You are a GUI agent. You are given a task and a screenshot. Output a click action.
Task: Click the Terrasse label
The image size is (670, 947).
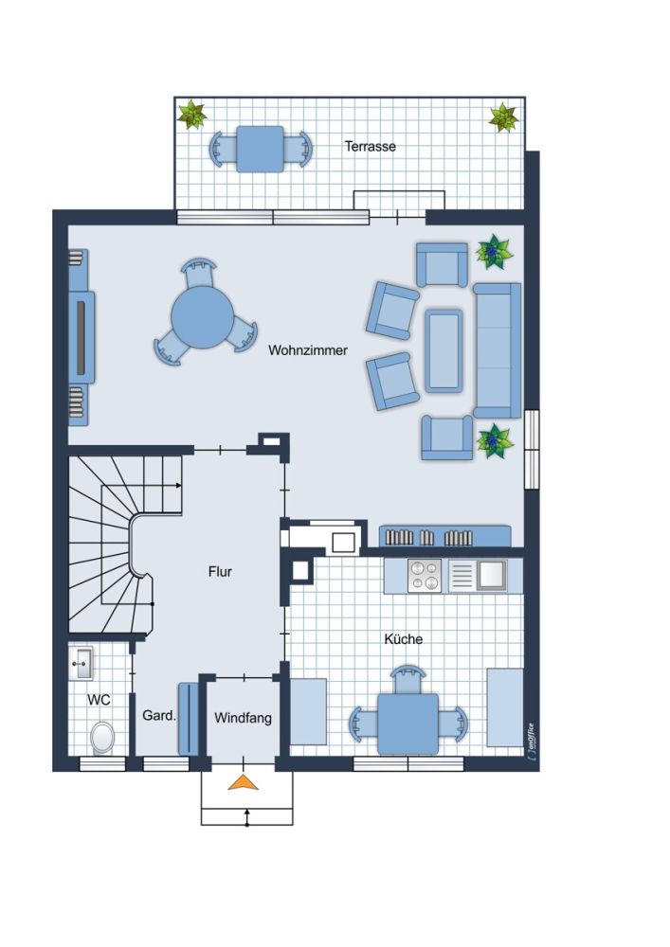pos(370,146)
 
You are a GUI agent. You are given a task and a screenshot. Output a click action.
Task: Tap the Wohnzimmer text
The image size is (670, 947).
pos(308,350)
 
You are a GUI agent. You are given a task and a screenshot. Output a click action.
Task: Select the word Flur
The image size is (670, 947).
pos(220,571)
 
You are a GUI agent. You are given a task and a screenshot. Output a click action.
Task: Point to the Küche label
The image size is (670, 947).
pos(404,638)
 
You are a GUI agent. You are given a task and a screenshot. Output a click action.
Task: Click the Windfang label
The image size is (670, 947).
pos(243,718)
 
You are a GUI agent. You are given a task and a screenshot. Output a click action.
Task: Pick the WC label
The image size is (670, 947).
pos(100,700)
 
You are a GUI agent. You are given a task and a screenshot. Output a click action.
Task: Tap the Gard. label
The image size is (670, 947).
pos(159,716)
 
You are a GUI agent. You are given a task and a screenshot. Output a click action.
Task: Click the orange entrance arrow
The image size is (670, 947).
pos(244,782)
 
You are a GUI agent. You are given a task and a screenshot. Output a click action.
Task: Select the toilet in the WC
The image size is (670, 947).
pos(102,738)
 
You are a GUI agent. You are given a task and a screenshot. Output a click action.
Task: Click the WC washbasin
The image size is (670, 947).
pos(81,663)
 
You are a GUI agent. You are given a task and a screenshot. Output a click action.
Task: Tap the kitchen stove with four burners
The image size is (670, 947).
pos(425,576)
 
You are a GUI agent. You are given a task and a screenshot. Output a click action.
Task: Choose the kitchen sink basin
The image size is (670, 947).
pos(491,576)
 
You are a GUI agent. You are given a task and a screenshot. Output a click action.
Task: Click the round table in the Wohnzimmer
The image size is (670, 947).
pos(203,317)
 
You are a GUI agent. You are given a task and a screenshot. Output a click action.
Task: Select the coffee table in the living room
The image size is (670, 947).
pos(444,350)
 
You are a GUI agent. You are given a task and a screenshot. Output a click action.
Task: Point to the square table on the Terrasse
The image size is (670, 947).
pos(260,150)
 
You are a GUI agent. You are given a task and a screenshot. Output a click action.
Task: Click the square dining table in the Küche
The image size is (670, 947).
pos(407,724)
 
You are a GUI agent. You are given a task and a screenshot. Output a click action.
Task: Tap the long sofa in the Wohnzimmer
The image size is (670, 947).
pos(498,350)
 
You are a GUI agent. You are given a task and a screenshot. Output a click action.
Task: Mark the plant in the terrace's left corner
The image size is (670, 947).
pos(192,115)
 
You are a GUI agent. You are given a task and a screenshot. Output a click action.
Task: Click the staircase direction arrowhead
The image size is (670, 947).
pos(178,485)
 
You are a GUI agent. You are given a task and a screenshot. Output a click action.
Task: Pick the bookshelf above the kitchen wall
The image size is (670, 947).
pos(445,536)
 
